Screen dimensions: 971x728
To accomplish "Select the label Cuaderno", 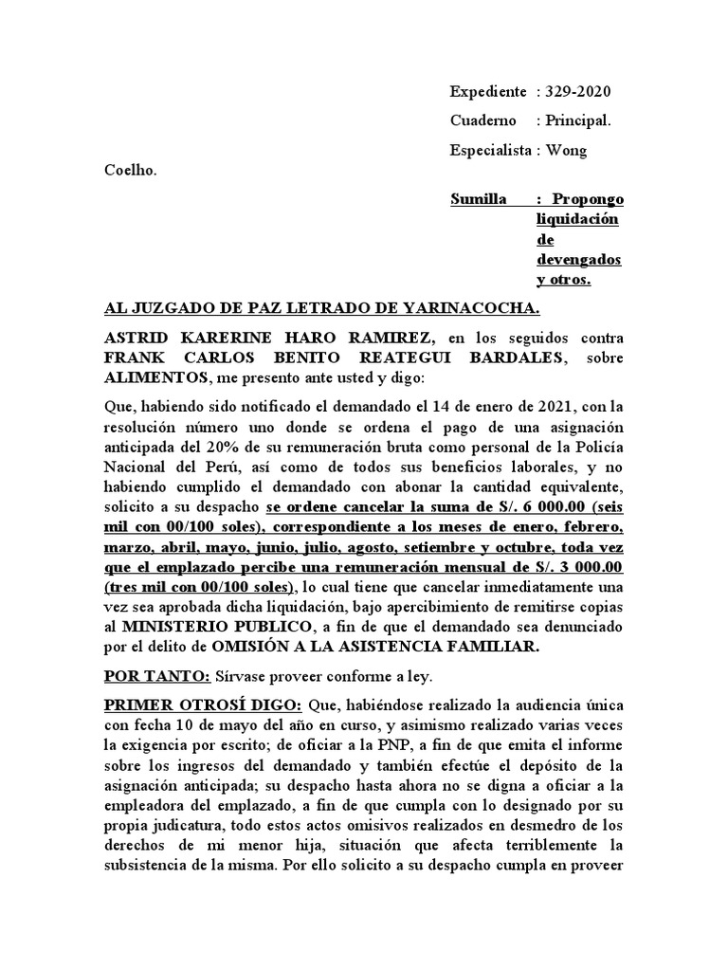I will tap(483, 120).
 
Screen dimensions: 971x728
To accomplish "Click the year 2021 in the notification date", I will tap(555, 407).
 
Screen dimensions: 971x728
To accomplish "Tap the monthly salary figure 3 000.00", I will tap(581, 567).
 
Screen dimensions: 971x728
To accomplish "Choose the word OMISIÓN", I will tap(269, 647).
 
